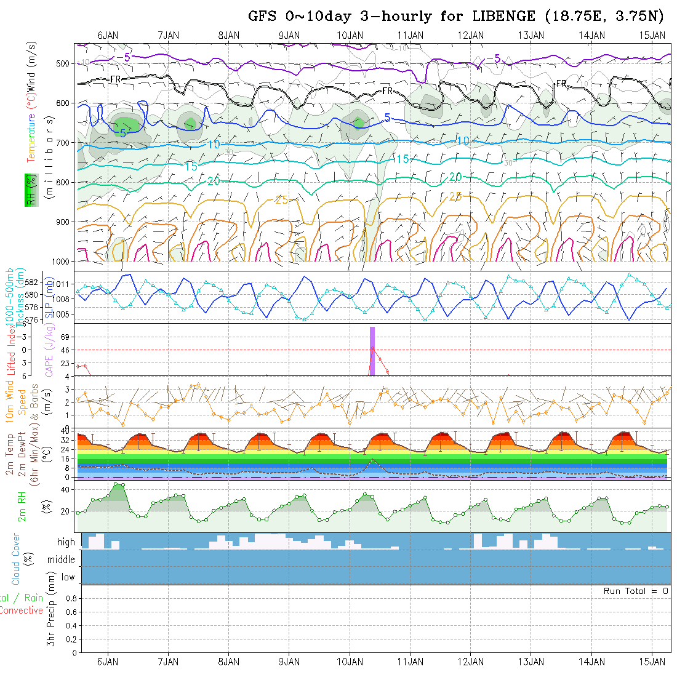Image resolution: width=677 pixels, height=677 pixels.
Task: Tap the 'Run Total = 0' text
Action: [x=636, y=591]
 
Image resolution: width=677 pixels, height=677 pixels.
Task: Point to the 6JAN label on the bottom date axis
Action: [x=108, y=662]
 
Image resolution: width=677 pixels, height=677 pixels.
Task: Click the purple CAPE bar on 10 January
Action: [x=372, y=351]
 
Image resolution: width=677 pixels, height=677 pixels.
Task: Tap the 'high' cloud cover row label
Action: [x=66, y=542]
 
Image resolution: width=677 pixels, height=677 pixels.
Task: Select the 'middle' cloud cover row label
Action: [x=62, y=560]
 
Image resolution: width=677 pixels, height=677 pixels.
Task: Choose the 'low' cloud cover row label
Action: [x=68, y=577]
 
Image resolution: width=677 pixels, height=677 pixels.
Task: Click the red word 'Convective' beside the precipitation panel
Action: [x=21, y=611]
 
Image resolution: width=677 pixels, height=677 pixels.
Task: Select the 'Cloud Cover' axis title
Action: [x=15, y=559]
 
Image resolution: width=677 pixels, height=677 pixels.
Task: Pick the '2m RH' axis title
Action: [x=22, y=506]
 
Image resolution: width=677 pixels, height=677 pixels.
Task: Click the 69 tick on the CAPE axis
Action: [x=65, y=337]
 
